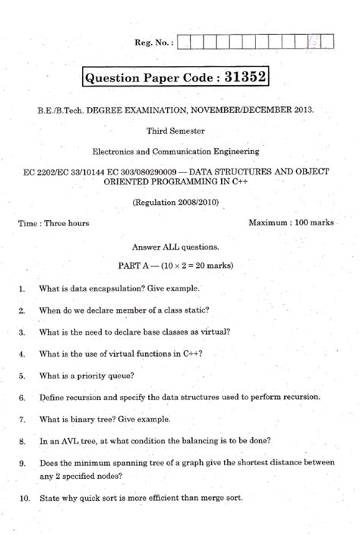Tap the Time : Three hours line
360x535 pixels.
(53, 223)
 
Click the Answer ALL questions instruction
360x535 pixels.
(175, 247)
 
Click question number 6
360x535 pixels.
(22, 397)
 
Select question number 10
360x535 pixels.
(23, 498)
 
